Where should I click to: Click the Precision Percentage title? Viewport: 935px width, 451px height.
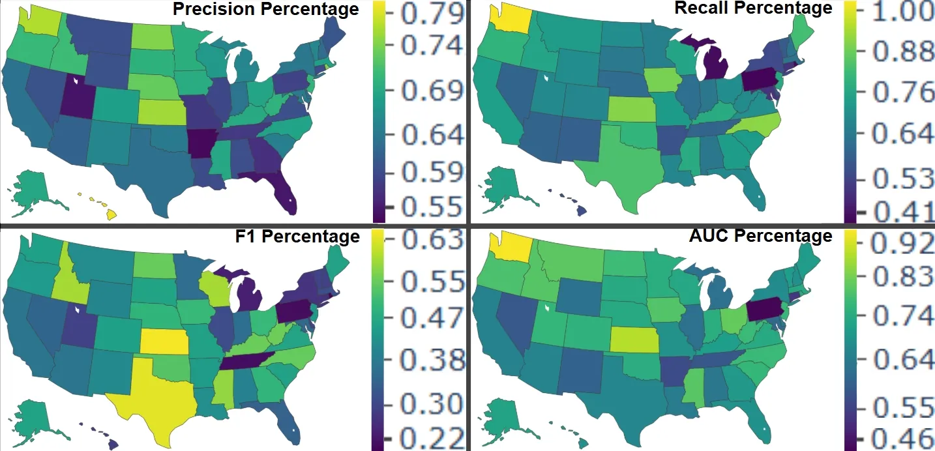265,9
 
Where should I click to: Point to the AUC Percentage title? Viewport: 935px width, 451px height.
760,235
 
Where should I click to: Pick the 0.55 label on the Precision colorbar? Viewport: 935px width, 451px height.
432,207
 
